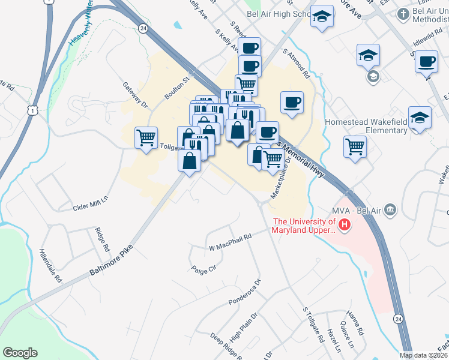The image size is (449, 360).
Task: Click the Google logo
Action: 20,353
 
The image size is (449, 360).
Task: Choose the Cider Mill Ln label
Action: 89,200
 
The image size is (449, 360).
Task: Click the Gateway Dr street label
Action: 135,95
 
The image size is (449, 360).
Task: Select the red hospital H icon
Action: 345,226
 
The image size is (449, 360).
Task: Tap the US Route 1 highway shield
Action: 31,109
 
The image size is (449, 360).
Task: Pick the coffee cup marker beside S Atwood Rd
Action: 292,101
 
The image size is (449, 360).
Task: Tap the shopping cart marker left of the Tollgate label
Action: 146,137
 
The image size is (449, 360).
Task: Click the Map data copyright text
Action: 424,355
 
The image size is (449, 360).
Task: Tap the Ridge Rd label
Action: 103,239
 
